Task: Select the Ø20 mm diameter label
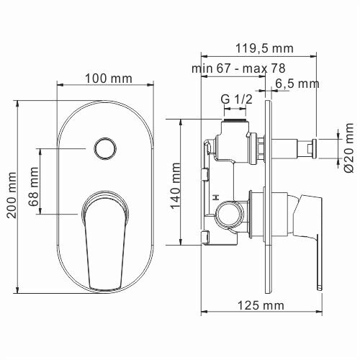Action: tap(348, 148)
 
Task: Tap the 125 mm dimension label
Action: tap(260, 305)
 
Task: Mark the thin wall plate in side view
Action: tap(269, 194)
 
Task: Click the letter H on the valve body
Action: tap(215, 197)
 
